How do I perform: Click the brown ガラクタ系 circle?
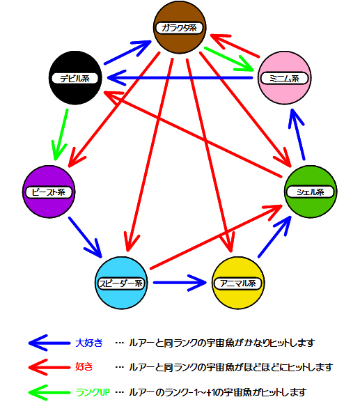coord(180,27)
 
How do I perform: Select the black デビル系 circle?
coord(75,77)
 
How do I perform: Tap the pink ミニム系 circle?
coord(284,77)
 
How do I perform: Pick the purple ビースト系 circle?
coord(49,192)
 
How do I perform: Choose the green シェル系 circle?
coord(311,192)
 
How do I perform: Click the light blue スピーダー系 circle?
coord(121,283)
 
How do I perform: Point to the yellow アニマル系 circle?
coord(238,283)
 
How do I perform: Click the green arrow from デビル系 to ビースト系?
coord(61,134)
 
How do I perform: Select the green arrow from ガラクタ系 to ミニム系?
coord(228,59)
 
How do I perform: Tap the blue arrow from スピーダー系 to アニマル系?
coord(180,283)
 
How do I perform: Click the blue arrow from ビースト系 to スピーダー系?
coord(85,238)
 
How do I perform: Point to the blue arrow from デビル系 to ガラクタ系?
coord(127,52)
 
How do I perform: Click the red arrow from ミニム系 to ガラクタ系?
coord(235,45)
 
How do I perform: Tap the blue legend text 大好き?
coord(89,343)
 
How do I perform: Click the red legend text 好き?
coord(84,366)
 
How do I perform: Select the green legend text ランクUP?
coord(93,392)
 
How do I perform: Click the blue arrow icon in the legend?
coord(49,343)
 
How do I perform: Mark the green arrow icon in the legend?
coord(49,392)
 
